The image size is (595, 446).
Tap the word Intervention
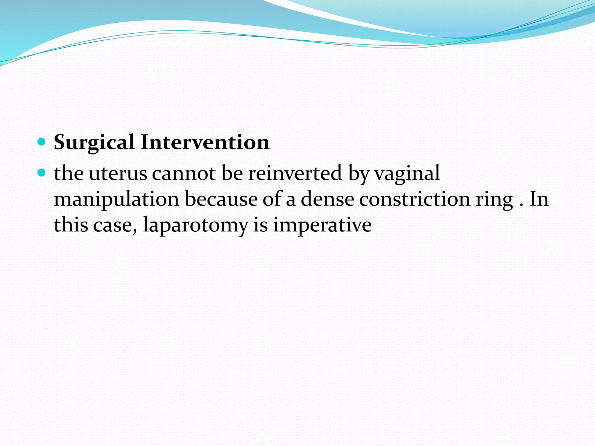click(205, 143)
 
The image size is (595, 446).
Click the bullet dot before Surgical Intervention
click(42, 142)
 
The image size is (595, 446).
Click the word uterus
click(118, 174)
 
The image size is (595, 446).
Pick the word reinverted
click(295, 174)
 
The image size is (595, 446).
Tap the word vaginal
click(407, 174)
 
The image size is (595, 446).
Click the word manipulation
click(117, 200)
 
